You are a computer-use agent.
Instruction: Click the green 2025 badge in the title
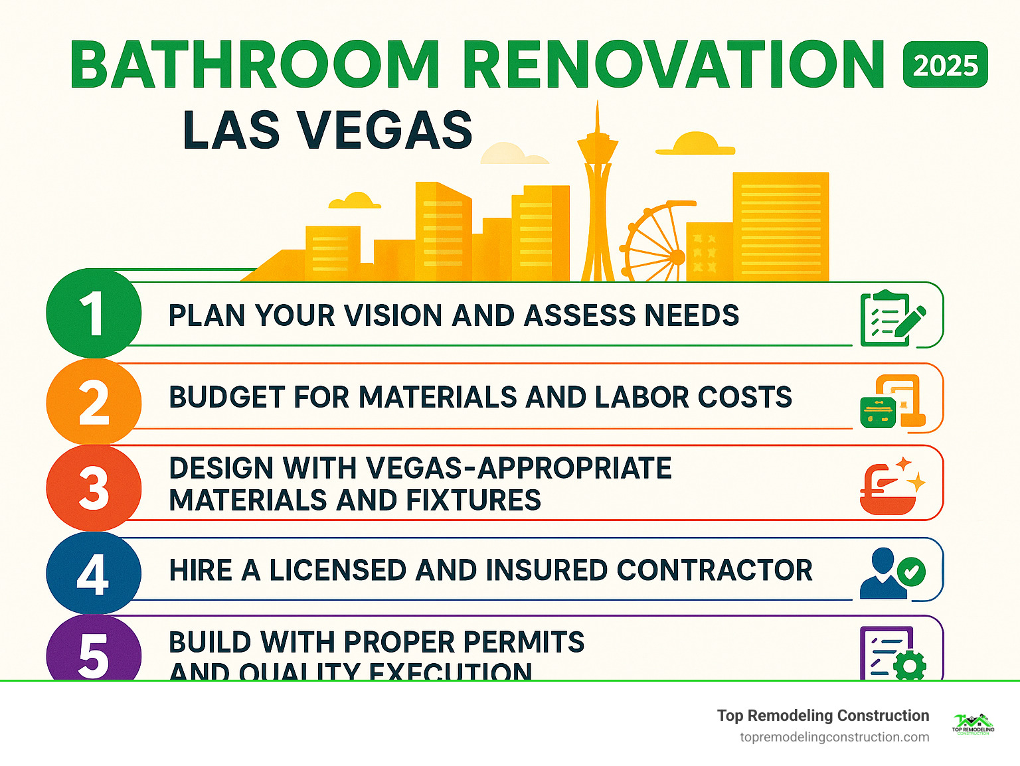(x=945, y=65)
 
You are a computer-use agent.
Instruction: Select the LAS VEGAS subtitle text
(x=327, y=130)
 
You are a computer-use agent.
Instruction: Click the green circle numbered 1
(x=94, y=313)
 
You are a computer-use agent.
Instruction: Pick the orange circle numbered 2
(x=94, y=402)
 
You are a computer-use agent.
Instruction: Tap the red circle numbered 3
(x=94, y=488)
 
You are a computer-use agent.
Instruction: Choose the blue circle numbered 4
(x=94, y=573)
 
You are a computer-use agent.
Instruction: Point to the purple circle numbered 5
(x=94, y=654)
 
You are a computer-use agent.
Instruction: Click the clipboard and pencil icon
(x=892, y=318)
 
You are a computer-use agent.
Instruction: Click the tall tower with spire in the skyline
(x=597, y=199)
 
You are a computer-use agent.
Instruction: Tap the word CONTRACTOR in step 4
(x=715, y=570)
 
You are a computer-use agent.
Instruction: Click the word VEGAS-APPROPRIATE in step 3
(x=519, y=468)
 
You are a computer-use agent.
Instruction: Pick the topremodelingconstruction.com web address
(x=834, y=737)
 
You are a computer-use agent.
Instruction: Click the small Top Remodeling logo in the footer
(x=973, y=724)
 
